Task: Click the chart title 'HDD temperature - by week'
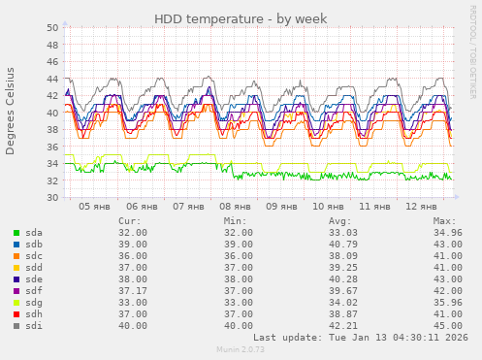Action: (x=240, y=19)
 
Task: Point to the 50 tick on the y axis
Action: (x=53, y=27)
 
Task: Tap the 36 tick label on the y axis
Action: (x=53, y=147)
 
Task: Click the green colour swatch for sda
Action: (x=16, y=233)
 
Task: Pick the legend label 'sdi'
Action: (x=34, y=326)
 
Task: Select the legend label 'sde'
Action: (x=34, y=279)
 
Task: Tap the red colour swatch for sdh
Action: (x=16, y=314)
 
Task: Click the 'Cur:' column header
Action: (x=129, y=221)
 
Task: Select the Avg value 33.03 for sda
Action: (x=343, y=233)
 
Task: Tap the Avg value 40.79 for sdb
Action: (x=343, y=245)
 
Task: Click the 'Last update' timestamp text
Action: (x=359, y=337)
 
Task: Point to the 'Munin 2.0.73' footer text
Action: (x=240, y=349)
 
